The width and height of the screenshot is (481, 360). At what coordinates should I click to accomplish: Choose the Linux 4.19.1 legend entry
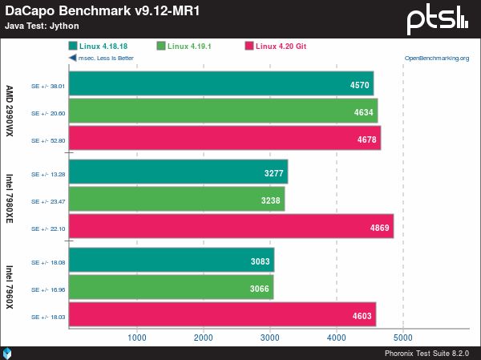tap(190, 47)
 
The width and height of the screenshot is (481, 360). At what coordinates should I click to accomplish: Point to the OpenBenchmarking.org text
tap(437, 58)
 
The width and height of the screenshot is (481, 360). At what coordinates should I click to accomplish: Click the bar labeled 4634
tap(224, 111)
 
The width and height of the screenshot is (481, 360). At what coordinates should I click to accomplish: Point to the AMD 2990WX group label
tap(10, 111)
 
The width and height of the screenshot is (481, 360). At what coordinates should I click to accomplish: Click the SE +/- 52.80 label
tap(46, 140)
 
